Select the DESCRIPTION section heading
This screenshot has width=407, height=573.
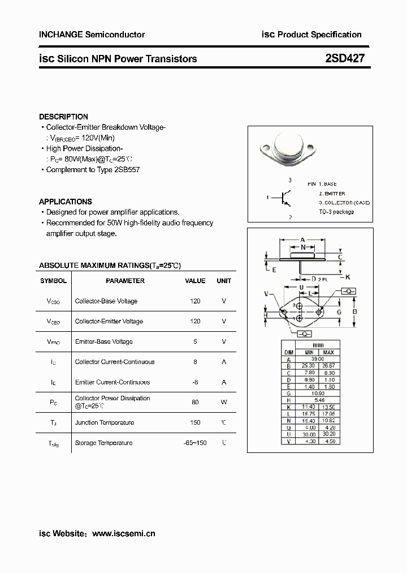pos(63,117)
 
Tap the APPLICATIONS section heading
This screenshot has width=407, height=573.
pos(65,202)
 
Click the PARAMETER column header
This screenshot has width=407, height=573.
pos(125,281)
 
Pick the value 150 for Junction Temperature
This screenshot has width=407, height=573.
pos(195,423)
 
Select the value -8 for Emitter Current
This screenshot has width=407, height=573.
pos(195,382)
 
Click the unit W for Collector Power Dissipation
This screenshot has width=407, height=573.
pos(224,402)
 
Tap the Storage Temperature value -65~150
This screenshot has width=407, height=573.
pos(195,443)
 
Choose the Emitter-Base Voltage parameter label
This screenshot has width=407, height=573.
pos(103,341)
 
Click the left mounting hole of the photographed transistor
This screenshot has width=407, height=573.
pos(265,149)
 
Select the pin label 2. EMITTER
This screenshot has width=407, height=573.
pos(332,194)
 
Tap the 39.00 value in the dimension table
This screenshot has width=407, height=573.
pos(318,359)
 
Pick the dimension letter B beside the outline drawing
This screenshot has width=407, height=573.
pos(354,311)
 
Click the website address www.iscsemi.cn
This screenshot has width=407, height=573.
pos(123,533)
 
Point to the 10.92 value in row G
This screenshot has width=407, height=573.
pos(318,392)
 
